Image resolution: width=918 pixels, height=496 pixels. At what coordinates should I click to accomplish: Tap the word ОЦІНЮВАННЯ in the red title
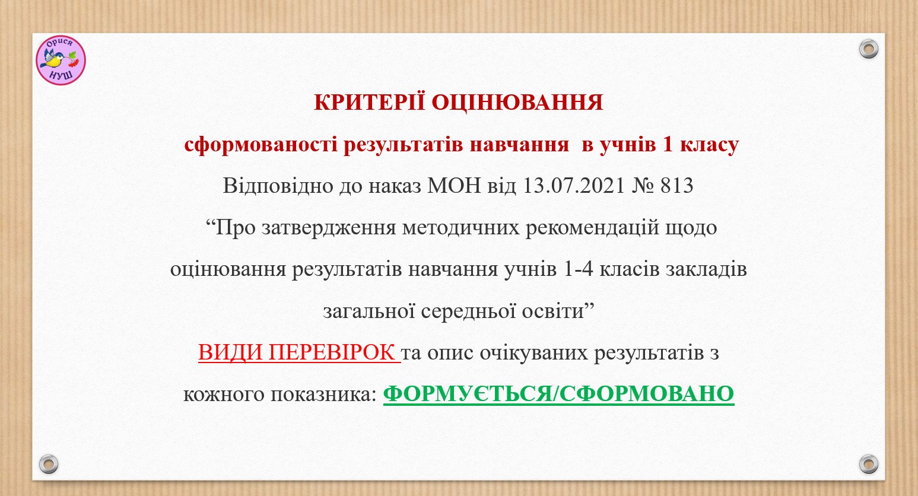(x=517, y=102)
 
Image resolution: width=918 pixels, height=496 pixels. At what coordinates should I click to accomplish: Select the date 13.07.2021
(x=574, y=185)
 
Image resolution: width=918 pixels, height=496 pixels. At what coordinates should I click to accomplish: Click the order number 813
(x=677, y=185)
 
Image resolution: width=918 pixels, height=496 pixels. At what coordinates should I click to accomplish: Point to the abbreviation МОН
(x=454, y=185)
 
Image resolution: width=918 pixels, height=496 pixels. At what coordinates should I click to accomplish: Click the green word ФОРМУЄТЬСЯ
(x=468, y=394)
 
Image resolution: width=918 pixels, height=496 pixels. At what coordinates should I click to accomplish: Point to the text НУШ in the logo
(x=61, y=75)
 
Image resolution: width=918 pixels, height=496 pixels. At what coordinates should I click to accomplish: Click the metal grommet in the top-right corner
(x=868, y=49)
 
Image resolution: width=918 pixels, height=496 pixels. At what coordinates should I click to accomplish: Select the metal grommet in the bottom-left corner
(x=48, y=464)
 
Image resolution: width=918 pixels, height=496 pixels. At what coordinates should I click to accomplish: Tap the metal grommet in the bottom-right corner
(x=868, y=464)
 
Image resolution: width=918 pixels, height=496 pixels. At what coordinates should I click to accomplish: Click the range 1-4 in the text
(x=578, y=269)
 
